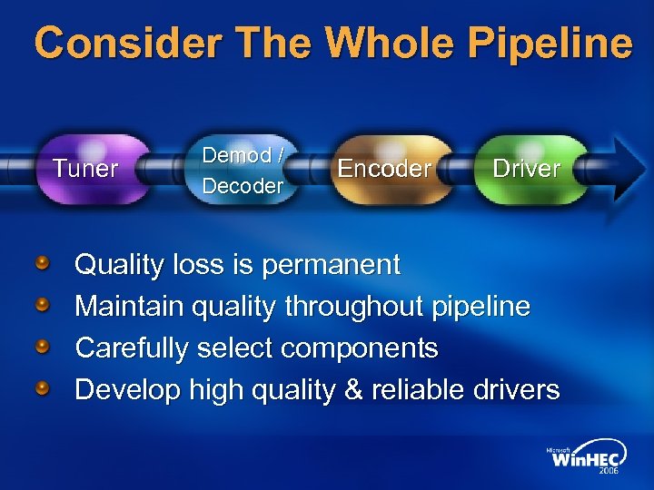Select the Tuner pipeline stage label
pos(85,169)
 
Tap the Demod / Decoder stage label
pos(243,170)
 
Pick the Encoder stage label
pos(384,169)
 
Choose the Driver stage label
pos(527,168)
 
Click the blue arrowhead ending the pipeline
pos(629,168)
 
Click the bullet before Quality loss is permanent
pos(43,264)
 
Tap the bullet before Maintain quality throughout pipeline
pos(43,306)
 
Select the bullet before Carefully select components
pos(43,348)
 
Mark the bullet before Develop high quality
pos(43,389)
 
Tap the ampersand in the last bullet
pos(352,390)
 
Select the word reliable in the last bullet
pos(418,390)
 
